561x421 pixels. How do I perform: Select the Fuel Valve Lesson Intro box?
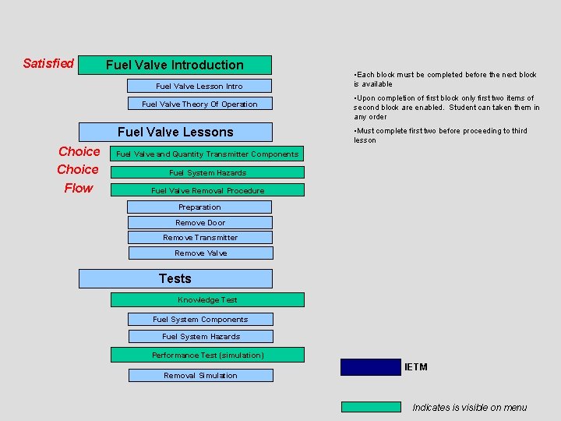tap(200, 86)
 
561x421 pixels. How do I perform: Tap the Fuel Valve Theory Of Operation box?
tap(200, 104)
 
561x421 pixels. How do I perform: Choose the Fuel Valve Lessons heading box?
tap(176, 132)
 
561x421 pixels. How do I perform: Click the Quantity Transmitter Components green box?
tap(207, 154)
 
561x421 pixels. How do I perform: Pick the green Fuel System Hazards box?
tap(207, 172)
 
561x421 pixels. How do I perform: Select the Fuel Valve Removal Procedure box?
tap(207, 190)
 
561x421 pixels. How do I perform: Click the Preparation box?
tap(200, 207)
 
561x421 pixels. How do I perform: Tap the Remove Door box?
tap(200, 222)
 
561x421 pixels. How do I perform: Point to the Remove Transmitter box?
tap(200, 237)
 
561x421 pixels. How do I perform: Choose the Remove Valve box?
tap(200, 253)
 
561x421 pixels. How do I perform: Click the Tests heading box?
tap(176, 278)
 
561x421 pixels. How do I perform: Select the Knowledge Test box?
tap(207, 299)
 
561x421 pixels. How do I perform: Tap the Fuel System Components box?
tap(200, 319)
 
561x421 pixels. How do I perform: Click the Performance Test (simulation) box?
tap(207, 355)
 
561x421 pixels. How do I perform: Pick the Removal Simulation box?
tap(200, 375)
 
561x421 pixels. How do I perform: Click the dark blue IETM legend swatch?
tap(371, 367)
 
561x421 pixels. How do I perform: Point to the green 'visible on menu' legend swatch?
tap(371, 406)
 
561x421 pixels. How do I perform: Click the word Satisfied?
tap(48, 63)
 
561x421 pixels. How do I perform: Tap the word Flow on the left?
tap(78, 188)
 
